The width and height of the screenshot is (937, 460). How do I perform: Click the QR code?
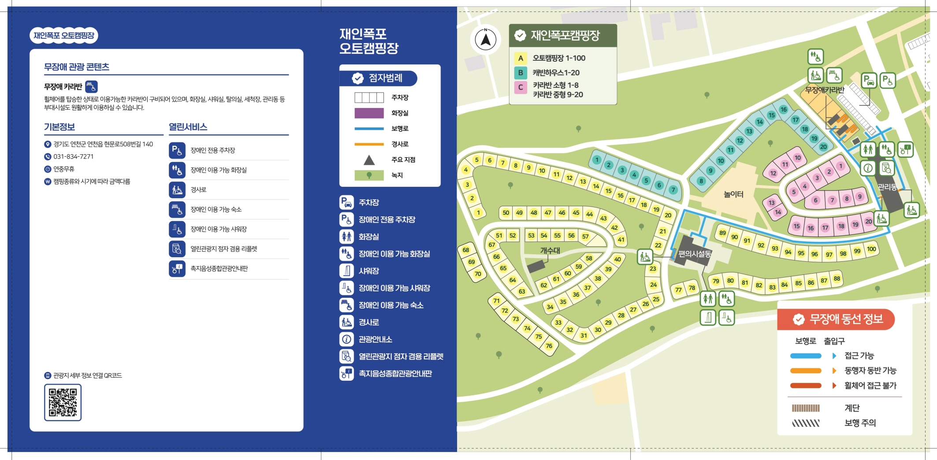point(63,402)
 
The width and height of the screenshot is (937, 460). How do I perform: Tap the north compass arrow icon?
point(486,40)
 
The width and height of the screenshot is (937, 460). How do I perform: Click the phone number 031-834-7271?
point(73,156)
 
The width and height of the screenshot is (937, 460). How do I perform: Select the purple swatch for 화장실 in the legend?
point(369,113)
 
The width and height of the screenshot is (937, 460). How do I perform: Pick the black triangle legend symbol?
point(369,160)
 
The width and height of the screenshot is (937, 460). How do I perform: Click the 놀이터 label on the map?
point(733,194)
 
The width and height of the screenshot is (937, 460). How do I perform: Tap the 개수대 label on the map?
point(550,250)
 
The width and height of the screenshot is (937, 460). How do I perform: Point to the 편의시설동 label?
point(695,254)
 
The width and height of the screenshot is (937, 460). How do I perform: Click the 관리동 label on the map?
point(887,187)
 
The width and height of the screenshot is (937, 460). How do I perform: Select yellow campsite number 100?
point(871,249)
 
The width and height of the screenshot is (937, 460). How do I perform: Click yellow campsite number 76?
point(549,346)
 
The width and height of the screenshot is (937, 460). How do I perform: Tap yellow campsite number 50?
point(506,213)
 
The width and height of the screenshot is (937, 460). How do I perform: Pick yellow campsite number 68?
point(466,250)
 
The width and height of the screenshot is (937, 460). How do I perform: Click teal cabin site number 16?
point(783,109)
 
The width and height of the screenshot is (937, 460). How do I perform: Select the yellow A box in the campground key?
point(521,58)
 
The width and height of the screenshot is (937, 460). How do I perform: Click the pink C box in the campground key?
point(521,87)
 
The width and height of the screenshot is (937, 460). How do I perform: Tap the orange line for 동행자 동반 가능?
point(806,371)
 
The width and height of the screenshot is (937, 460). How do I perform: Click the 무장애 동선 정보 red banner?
point(836,319)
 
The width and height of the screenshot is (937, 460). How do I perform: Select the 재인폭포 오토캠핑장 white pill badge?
point(64,35)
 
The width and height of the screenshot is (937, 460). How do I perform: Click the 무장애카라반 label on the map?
point(825,90)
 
